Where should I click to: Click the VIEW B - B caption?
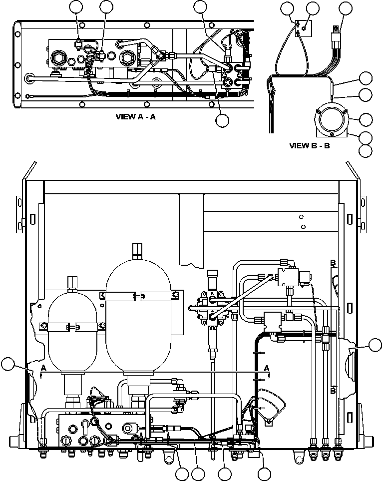(x=310, y=146)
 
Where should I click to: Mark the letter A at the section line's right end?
(x=267, y=368)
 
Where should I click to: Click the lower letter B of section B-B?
(x=332, y=392)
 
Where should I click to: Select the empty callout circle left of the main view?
(x=8, y=365)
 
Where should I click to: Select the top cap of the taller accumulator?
(x=137, y=249)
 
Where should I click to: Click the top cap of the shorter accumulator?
(x=73, y=282)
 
